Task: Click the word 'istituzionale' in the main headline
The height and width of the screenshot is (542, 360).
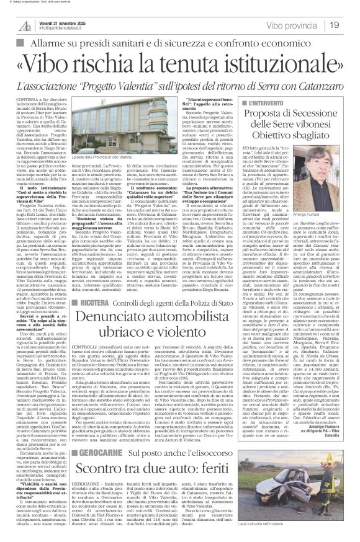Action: point(267,63)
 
